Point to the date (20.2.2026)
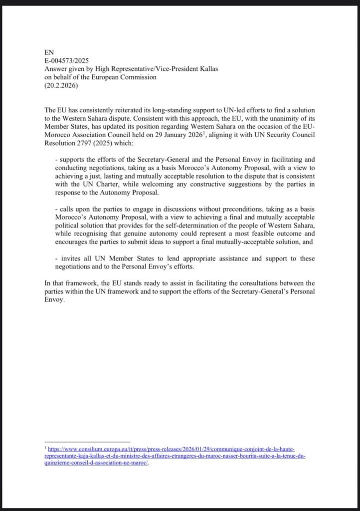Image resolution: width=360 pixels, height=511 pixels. (x=61, y=85)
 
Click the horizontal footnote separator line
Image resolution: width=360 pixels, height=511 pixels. (x=87, y=442)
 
